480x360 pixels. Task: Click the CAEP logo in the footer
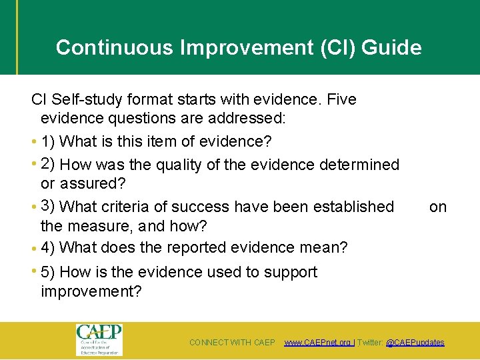[x=99, y=339]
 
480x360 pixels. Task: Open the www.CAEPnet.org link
[x=318, y=343]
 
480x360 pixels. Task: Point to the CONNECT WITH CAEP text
[x=232, y=343]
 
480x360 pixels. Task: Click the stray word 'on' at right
[x=438, y=207]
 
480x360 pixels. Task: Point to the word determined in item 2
[x=359, y=165]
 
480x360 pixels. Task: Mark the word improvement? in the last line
[x=91, y=292]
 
